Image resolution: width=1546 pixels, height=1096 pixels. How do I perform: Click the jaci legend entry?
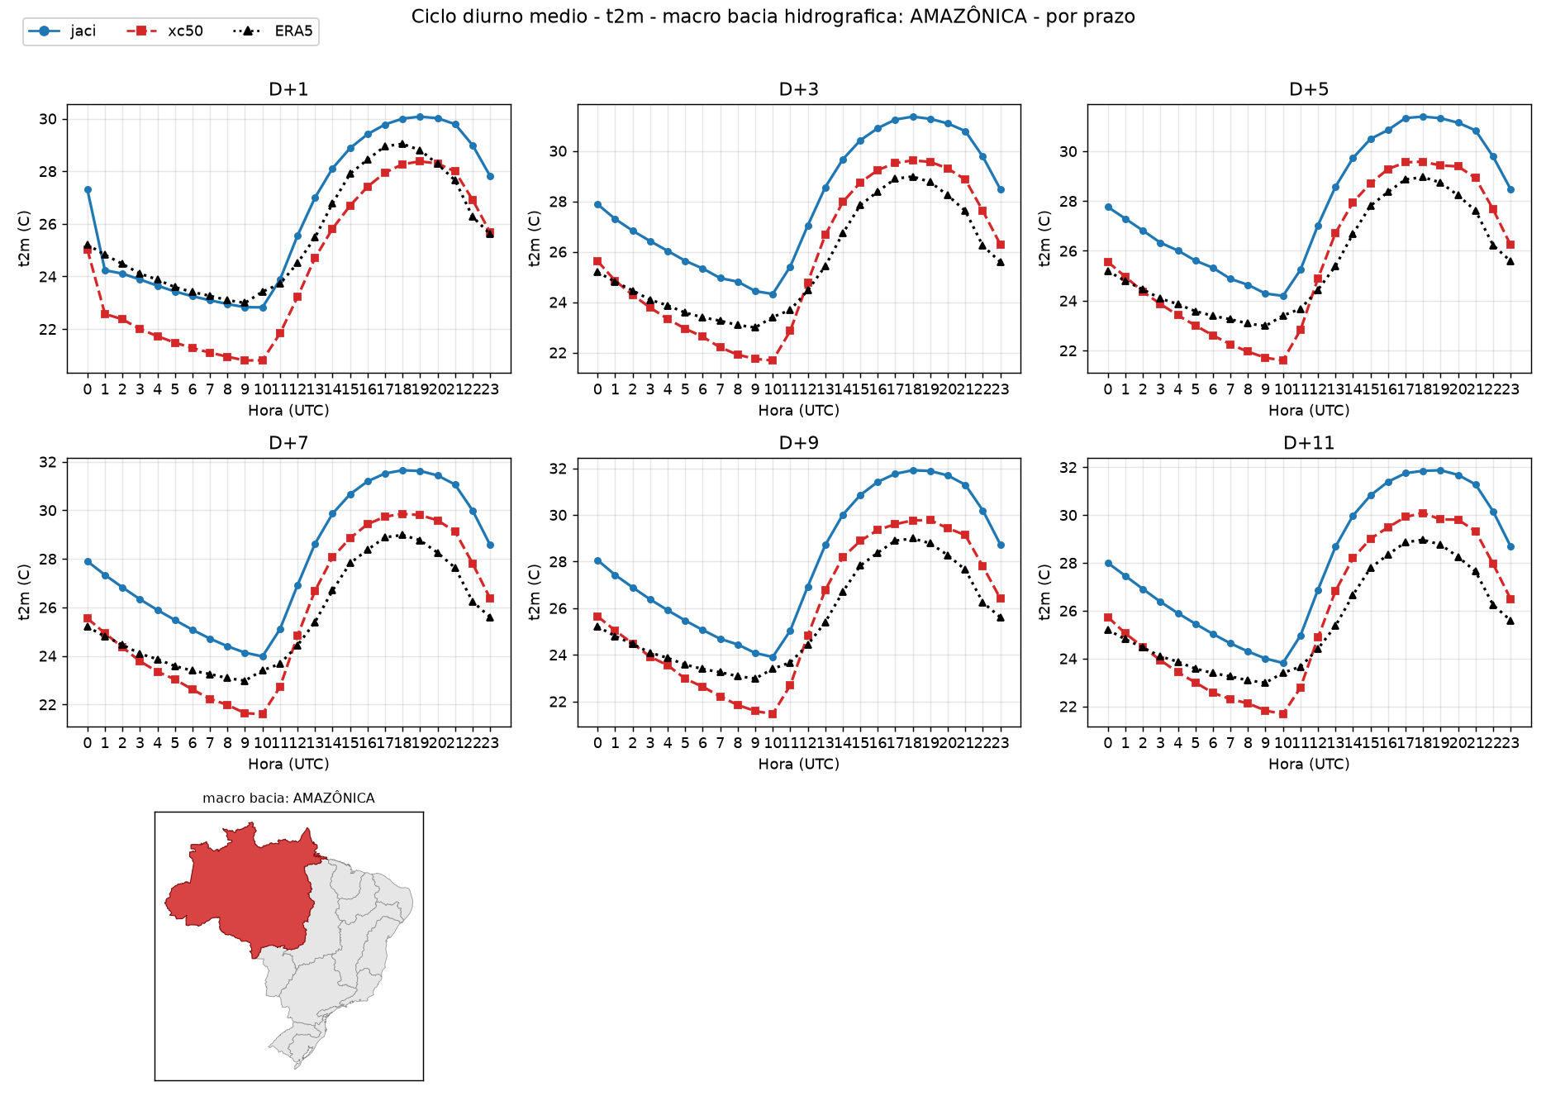62,31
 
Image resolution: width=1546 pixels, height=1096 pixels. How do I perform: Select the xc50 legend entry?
164,31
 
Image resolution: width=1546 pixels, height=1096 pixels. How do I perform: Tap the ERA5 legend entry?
274,31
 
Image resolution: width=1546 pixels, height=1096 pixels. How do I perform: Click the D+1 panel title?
288,89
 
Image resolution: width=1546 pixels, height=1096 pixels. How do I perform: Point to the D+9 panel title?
799,443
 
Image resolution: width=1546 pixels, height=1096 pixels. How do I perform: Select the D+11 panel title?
1309,443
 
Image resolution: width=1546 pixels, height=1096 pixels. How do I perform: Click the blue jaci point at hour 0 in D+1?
88,190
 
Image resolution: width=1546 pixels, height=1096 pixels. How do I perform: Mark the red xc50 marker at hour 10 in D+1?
263,360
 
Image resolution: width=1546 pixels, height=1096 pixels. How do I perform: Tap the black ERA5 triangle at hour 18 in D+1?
402,144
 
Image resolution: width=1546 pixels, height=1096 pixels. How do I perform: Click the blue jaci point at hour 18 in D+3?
913,117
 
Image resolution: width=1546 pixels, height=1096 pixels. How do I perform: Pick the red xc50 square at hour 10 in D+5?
1283,360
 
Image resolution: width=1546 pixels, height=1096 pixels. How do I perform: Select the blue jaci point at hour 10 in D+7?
263,657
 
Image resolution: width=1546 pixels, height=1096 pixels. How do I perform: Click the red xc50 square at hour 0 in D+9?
597,617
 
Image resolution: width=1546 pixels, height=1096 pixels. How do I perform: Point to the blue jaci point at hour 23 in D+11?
1510,547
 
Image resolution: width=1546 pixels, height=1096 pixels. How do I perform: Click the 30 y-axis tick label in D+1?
48,119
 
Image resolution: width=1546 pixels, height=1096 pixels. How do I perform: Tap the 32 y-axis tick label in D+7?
48,462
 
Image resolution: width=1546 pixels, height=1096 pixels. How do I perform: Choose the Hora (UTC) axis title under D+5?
1309,411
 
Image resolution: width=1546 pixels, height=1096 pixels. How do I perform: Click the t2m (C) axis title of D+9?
535,592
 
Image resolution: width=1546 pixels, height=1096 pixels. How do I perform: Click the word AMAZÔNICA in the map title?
334,798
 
